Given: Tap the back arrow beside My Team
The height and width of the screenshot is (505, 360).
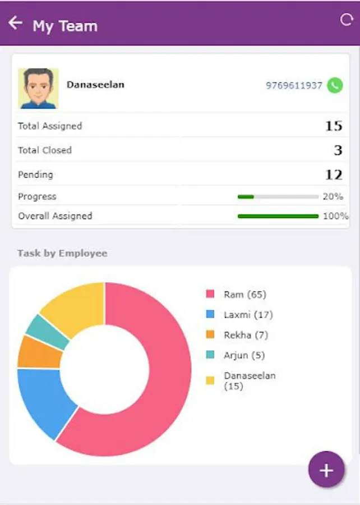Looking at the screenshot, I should click(x=15, y=23).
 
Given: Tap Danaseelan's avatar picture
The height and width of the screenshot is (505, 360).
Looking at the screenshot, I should click(x=38, y=88).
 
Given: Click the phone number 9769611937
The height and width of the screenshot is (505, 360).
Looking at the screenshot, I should click(x=294, y=85).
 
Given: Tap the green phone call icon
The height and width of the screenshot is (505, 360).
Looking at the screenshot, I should click(x=335, y=85).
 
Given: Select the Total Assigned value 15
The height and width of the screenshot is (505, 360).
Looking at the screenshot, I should click(x=333, y=126).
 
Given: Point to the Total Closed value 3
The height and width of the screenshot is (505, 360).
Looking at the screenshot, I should click(x=338, y=150).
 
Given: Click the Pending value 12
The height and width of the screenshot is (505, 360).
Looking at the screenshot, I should click(x=333, y=175).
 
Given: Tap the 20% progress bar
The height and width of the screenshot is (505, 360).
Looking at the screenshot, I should click(x=278, y=197).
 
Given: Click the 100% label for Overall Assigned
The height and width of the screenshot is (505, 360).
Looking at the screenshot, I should click(x=335, y=216).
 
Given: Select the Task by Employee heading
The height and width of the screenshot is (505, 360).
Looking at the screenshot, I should click(x=62, y=253).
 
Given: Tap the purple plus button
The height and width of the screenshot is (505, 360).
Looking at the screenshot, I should click(x=326, y=470).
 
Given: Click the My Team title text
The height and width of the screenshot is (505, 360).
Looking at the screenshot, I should click(x=65, y=26).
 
